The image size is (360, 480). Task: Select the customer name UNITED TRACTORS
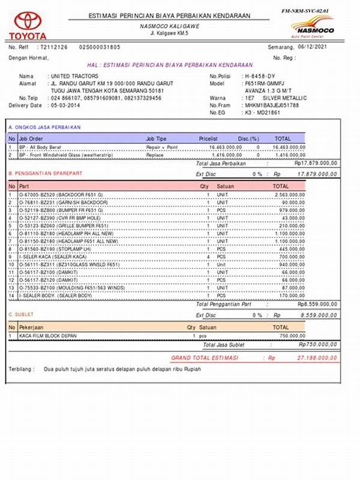point(73,77)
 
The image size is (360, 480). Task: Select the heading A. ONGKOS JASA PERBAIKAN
point(45,127)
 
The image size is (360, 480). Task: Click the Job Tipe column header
point(157,138)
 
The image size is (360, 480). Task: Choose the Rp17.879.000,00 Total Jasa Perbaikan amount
point(316,163)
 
